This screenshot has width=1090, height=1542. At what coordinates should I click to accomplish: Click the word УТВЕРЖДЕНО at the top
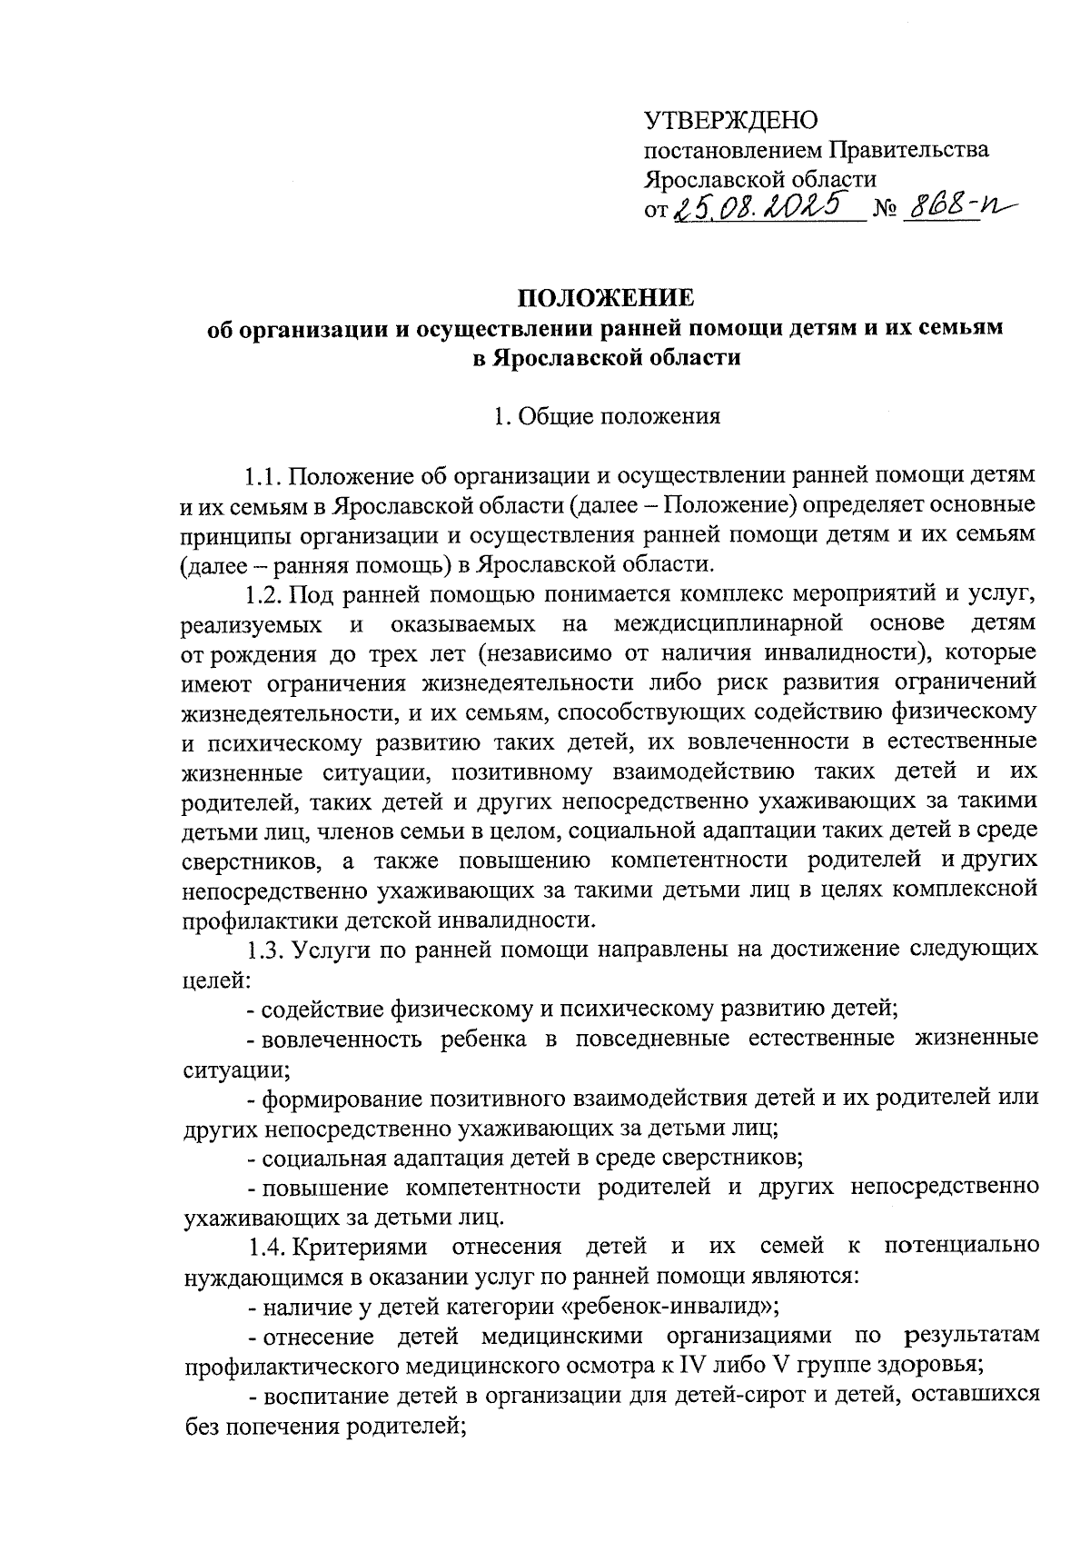(731, 120)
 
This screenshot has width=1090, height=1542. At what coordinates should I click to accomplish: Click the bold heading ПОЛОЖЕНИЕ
(605, 298)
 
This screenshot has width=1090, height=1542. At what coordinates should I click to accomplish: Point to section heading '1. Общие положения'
(606, 417)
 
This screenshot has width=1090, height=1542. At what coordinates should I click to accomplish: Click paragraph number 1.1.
(263, 476)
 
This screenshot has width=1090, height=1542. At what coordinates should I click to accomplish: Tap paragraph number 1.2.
(263, 594)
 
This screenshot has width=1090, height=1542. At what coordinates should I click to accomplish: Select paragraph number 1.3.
(263, 949)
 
